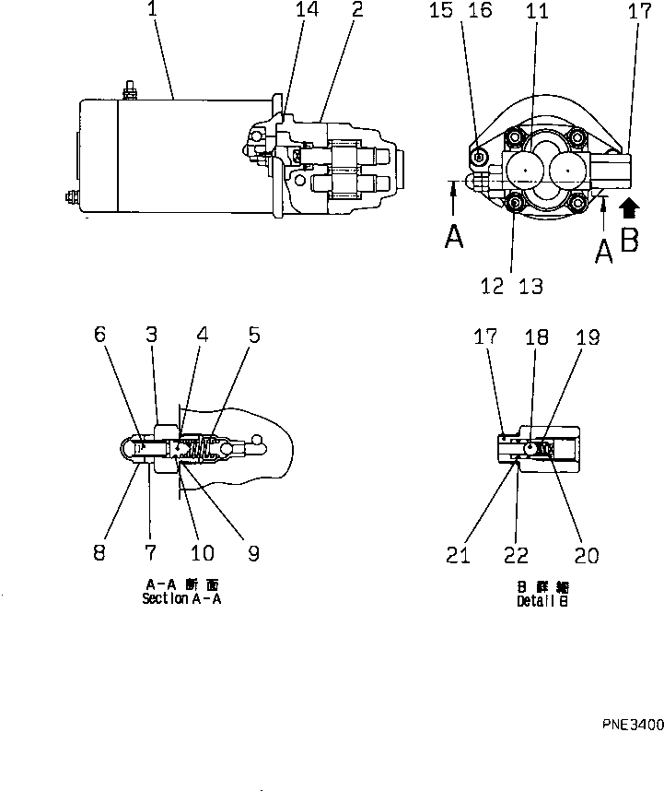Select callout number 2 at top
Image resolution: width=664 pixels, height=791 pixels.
356,11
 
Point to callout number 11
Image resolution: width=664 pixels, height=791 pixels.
536,12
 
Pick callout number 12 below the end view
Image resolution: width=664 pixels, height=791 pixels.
493,286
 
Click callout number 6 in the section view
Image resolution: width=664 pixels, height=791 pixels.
99,336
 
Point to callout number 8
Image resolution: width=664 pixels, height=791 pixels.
99,553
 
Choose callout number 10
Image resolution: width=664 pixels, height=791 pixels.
201,553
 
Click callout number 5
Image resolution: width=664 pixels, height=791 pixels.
253,336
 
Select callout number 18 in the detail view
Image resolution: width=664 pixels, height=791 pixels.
536,337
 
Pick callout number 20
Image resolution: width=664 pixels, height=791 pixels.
586,554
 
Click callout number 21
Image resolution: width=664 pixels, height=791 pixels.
458,554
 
